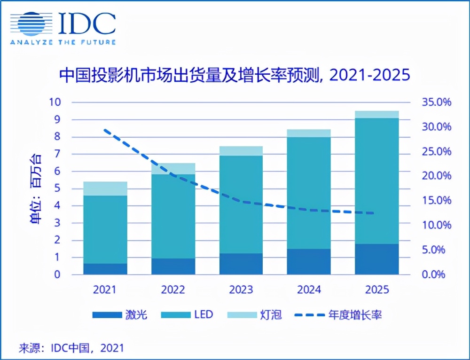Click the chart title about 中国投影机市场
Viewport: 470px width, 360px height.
click(234, 75)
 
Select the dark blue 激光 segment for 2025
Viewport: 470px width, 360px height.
click(377, 259)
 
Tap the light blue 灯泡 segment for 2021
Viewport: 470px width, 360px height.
click(105, 188)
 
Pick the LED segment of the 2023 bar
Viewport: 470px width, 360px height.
click(241, 204)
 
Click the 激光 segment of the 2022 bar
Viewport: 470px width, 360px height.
click(173, 266)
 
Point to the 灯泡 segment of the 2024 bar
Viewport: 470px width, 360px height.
click(309, 133)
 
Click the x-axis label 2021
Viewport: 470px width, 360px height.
click(105, 289)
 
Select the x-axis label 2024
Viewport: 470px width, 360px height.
click(309, 289)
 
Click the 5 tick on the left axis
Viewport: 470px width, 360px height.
click(57, 188)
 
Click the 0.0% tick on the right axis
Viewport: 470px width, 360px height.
click(437, 274)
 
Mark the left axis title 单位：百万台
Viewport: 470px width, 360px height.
click(36, 188)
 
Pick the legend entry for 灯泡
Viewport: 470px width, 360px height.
click(254, 314)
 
